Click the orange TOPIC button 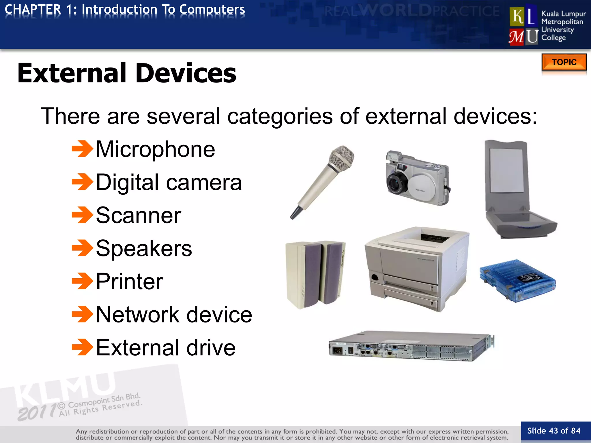click(564, 62)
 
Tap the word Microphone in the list click(155, 149)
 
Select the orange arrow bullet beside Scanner click(82, 215)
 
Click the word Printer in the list click(129, 281)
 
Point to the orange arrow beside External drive click(82, 347)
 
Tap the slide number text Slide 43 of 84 click(554, 431)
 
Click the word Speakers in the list click(144, 248)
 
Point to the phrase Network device click(174, 314)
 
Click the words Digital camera click(169, 182)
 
